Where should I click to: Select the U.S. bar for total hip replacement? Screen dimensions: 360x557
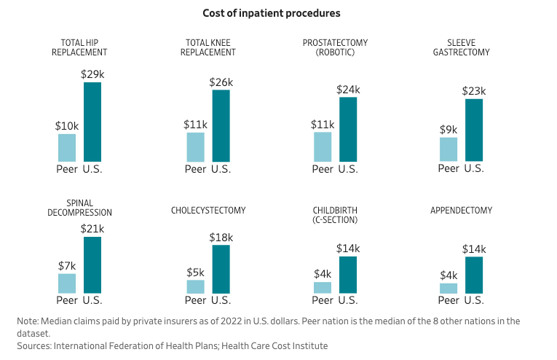click(92, 122)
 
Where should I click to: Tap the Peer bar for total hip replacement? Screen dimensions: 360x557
click(67, 147)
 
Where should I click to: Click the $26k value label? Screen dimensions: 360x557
click(221, 82)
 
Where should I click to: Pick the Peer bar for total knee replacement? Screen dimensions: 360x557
click(195, 146)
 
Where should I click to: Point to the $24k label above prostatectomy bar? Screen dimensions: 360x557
click(348, 90)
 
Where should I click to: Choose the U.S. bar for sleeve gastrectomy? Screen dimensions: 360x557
click(474, 130)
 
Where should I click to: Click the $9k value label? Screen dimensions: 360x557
click(449, 130)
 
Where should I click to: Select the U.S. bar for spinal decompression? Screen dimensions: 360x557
click(92, 265)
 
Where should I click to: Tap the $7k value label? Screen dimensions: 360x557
click(67, 266)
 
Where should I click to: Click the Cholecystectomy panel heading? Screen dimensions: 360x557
click(208, 211)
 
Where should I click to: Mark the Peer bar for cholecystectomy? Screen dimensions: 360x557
click(195, 286)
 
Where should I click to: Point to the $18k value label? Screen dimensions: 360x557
click(221, 238)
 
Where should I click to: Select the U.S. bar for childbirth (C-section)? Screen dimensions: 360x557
click(348, 275)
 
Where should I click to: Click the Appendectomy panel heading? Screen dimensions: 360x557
click(462, 211)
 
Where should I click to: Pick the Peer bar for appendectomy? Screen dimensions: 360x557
click(449, 288)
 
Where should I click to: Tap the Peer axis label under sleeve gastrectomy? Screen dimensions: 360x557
click(449, 169)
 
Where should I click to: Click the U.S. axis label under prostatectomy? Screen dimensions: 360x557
click(348, 169)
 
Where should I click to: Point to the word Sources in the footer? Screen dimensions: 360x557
click(33, 345)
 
